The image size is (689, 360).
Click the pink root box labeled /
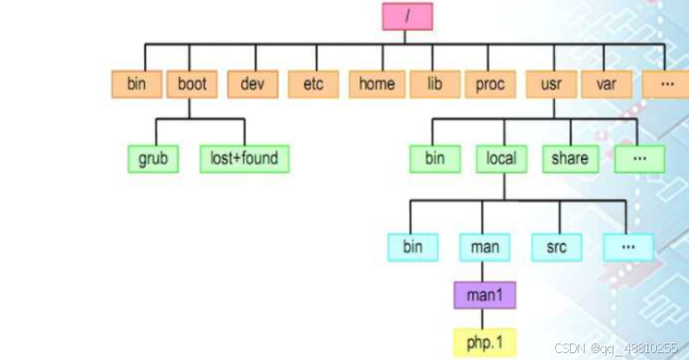coord(406,16)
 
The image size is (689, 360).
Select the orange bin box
coord(137,84)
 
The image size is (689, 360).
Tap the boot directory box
coord(191,84)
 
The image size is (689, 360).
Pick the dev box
coord(252,84)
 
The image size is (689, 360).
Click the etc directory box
coord(313,84)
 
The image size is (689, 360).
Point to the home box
coord(377,84)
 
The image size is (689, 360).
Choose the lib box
coord(435,84)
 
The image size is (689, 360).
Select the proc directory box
coord(490,84)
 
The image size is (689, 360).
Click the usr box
coord(551,84)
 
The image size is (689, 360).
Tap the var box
coord(606,84)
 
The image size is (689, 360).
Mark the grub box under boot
coord(152,159)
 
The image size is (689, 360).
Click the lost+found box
coord(244,159)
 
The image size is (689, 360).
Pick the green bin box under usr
coord(435,159)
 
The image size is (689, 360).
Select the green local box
coord(501,159)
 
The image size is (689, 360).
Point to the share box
coord(570,159)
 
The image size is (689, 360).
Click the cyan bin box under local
coord(412,247)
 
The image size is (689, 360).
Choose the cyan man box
coord(485,247)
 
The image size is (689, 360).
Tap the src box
coord(557,247)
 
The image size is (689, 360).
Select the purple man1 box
coord(485,295)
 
